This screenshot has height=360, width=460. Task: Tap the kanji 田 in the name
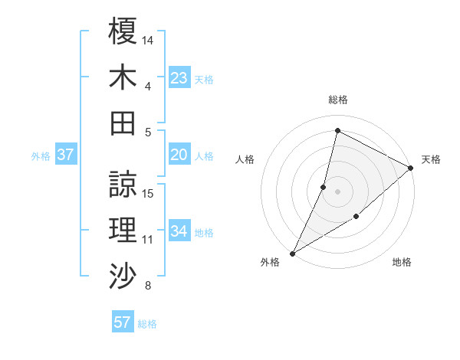(x=123, y=122)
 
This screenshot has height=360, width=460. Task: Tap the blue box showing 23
(x=179, y=77)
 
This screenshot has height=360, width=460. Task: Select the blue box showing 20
(x=179, y=155)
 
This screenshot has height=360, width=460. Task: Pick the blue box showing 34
(x=179, y=231)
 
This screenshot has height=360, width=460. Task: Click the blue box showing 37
(x=66, y=155)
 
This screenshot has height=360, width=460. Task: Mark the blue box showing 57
(x=123, y=322)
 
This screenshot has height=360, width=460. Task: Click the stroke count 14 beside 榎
(x=148, y=39)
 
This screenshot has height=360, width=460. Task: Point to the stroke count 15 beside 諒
(x=148, y=193)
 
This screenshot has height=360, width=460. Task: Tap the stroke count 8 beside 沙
(x=147, y=286)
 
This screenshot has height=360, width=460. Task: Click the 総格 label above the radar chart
(x=338, y=100)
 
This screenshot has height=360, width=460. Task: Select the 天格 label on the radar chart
(x=431, y=159)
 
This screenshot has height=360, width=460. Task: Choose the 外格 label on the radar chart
(x=270, y=262)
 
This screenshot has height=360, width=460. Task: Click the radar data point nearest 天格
(x=411, y=168)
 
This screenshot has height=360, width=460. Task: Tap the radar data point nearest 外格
(x=292, y=253)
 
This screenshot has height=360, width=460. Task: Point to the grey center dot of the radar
(x=337, y=191)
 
